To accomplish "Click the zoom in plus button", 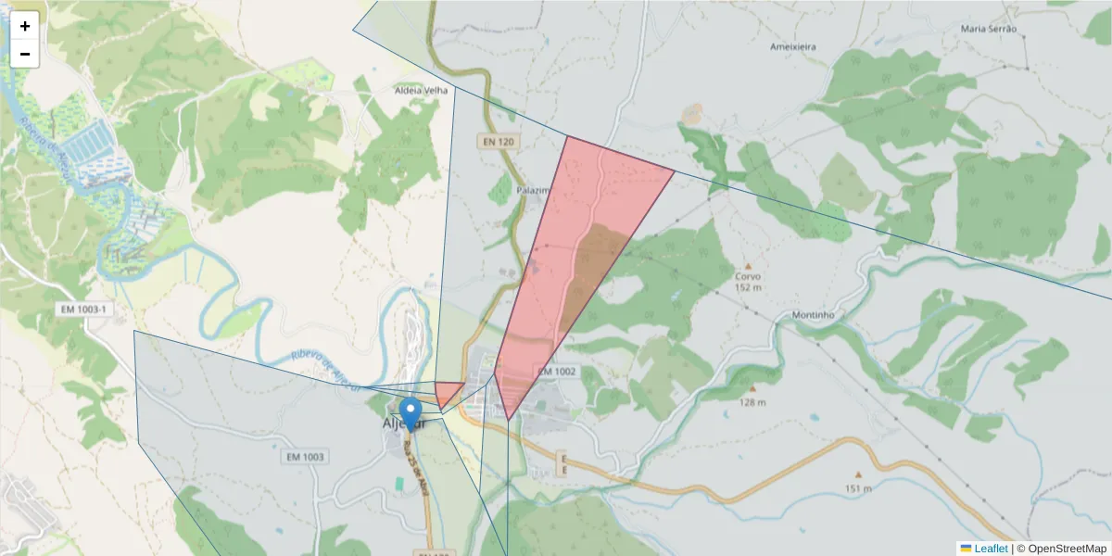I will [x=25, y=26].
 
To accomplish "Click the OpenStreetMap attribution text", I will [x=1067, y=549].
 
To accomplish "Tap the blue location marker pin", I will [x=411, y=412].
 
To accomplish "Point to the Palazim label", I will [x=534, y=189].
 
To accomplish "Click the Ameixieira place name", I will [x=793, y=45].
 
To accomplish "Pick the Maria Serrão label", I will [x=989, y=29].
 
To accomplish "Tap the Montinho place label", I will [x=814, y=315].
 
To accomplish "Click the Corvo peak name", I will [x=748, y=276].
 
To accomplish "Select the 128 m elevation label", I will [x=752, y=402].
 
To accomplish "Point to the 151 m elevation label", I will [x=858, y=488].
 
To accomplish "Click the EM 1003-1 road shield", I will [x=84, y=309].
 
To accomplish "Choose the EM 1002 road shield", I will [x=556, y=371].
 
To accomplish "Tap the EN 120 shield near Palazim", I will [x=497, y=142].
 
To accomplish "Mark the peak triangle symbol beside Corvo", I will [x=748, y=265].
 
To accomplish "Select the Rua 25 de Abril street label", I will [x=416, y=467].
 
